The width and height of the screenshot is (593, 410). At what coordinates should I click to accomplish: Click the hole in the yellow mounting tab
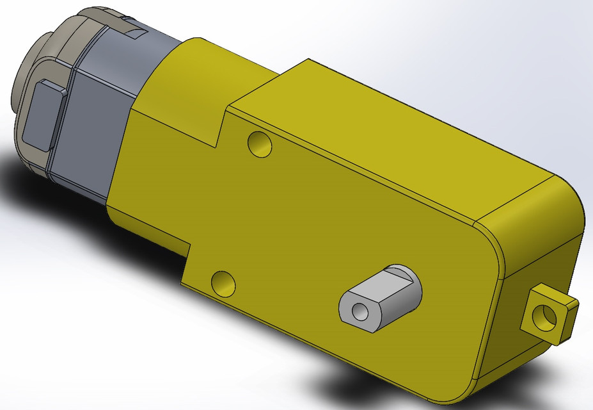547,315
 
